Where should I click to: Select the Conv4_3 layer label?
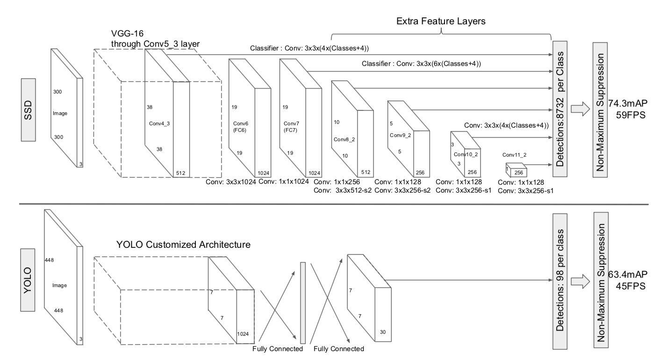[159, 124]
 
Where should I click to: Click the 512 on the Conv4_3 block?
[181, 173]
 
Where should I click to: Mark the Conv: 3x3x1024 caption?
[231, 182]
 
